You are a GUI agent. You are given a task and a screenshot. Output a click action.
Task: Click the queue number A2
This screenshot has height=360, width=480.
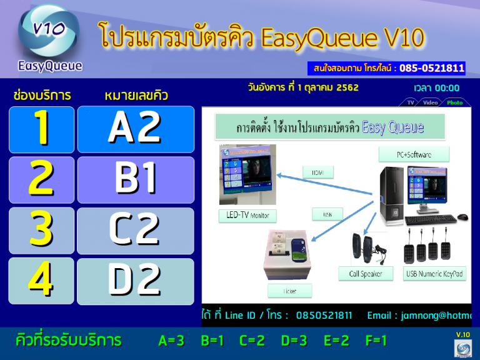click(x=136, y=129)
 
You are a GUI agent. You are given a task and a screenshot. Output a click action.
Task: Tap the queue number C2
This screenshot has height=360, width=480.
click(x=136, y=230)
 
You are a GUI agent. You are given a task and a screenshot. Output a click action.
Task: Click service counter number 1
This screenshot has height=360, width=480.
click(x=41, y=129)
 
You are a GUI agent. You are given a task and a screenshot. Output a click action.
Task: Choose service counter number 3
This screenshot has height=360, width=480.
click(x=41, y=230)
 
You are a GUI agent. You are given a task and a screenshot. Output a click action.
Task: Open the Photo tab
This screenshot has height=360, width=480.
click(x=455, y=102)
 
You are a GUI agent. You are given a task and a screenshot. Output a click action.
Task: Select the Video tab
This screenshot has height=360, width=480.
click(x=430, y=102)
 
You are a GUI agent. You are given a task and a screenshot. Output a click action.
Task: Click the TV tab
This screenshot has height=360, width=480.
click(x=411, y=102)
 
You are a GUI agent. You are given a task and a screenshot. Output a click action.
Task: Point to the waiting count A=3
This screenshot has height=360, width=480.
click(x=171, y=341)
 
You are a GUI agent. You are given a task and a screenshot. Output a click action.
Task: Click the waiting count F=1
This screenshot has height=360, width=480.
click(x=376, y=341)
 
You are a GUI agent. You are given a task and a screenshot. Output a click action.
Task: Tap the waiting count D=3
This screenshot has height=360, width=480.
click(x=294, y=341)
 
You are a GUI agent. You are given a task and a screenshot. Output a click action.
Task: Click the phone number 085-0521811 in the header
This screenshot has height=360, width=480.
click(x=432, y=68)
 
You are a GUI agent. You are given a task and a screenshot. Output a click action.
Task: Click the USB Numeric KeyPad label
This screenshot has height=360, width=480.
click(x=436, y=273)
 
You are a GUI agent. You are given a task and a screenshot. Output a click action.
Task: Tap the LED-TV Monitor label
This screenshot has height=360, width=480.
click(x=247, y=215)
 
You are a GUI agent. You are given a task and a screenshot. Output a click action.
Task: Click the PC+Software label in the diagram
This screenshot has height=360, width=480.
click(x=413, y=154)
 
